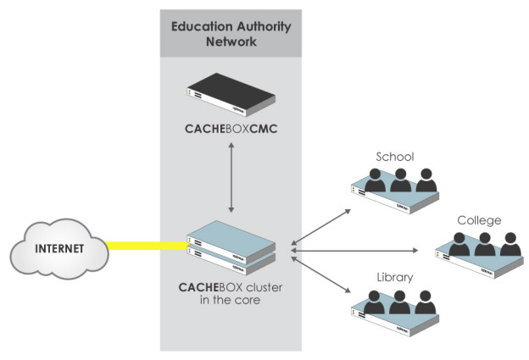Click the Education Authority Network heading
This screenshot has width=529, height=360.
(x=231, y=33)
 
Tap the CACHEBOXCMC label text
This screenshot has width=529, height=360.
(x=231, y=131)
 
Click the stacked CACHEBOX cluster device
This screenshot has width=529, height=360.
(x=231, y=246)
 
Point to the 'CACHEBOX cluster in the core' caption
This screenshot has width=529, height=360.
(x=231, y=293)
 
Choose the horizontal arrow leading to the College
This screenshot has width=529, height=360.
(x=356, y=251)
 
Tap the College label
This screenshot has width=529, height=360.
(x=479, y=220)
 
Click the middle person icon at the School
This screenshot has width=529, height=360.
(x=400, y=179)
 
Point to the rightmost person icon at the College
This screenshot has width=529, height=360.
(x=510, y=244)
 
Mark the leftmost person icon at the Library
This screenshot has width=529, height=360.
(x=374, y=302)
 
